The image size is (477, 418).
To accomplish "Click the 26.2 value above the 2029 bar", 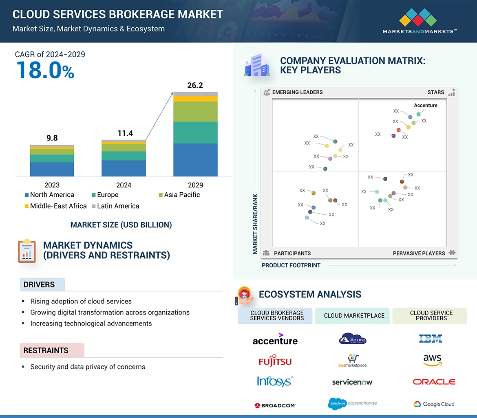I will (x=195, y=86).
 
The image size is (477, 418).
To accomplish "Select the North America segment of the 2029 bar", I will (x=195, y=160).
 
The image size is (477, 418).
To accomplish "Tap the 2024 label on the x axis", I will (x=124, y=185).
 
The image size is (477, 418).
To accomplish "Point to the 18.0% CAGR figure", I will (x=45, y=70).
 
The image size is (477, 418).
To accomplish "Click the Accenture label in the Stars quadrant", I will (x=426, y=106).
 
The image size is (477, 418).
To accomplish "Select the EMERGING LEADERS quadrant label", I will (x=297, y=92).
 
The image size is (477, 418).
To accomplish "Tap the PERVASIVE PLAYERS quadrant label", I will (x=419, y=253).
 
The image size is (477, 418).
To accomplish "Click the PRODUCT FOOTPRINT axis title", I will (x=291, y=265).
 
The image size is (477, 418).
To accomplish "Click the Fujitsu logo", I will (x=275, y=361).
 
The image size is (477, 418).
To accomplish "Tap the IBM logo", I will (x=431, y=339).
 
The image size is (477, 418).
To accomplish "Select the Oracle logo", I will (x=434, y=382).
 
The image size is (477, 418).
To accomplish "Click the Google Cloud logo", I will (x=434, y=404).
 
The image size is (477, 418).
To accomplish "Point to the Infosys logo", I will (x=275, y=381).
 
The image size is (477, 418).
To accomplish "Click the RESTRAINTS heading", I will (x=46, y=350).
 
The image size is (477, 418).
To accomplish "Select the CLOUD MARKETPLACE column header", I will (x=354, y=316).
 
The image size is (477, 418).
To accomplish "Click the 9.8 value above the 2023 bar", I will (x=52, y=138).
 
